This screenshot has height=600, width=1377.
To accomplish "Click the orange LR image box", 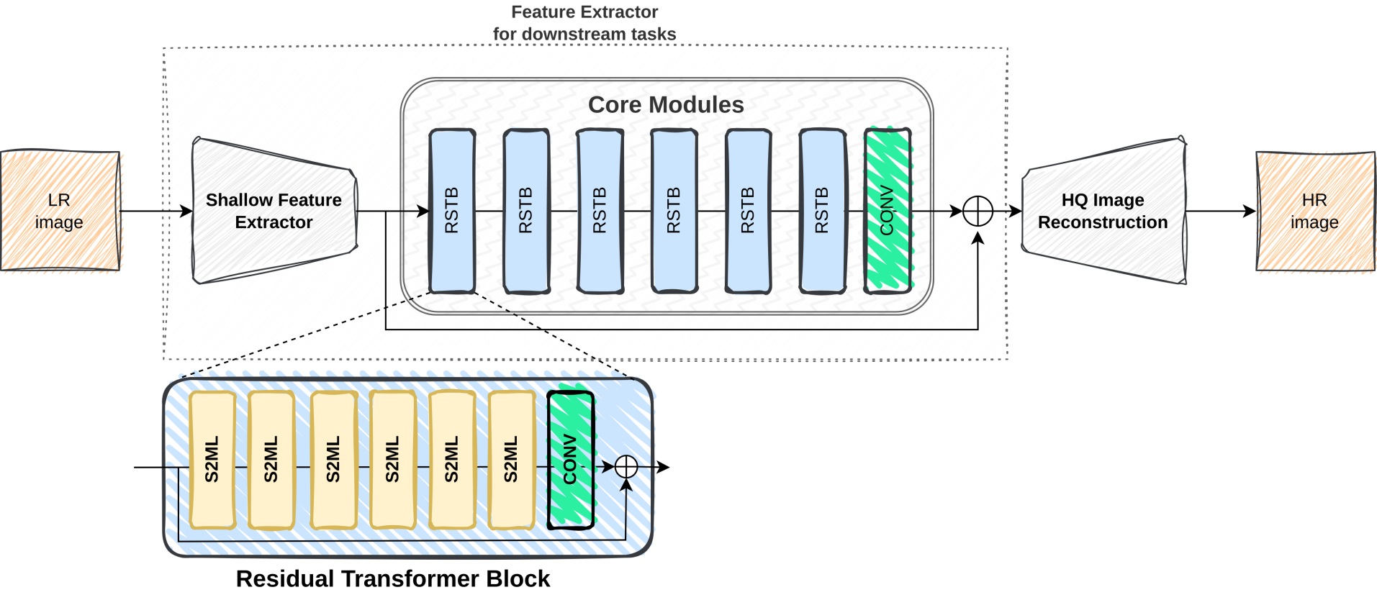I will click(x=60, y=211).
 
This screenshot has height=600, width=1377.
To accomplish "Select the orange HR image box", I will click(x=1314, y=212).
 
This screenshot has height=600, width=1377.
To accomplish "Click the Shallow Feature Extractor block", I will click(x=274, y=211).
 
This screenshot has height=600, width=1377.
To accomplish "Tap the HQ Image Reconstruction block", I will click(x=1103, y=211).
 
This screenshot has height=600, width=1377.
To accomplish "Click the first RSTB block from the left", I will click(x=452, y=211).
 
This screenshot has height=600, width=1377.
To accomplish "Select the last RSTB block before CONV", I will click(x=822, y=211).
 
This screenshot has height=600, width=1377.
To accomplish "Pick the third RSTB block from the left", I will click(x=600, y=211).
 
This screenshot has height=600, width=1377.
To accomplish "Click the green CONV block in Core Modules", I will click(x=888, y=211).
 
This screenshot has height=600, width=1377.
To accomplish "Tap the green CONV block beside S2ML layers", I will click(x=571, y=460).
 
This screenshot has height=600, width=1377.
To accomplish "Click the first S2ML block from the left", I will click(x=212, y=460).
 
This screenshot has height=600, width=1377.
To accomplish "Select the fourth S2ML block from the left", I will click(x=393, y=460).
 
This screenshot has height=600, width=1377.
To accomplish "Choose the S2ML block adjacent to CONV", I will click(x=511, y=460).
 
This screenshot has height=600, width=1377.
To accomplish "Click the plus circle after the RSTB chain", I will click(x=978, y=211).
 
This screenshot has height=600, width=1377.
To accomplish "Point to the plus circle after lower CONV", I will click(x=626, y=466).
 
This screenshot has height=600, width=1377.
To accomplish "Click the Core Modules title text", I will click(x=665, y=105).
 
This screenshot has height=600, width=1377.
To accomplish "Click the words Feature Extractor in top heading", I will click(x=584, y=12).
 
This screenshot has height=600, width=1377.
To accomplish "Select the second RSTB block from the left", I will click(x=526, y=211).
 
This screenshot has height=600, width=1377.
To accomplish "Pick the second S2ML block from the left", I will click(x=271, y=460).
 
